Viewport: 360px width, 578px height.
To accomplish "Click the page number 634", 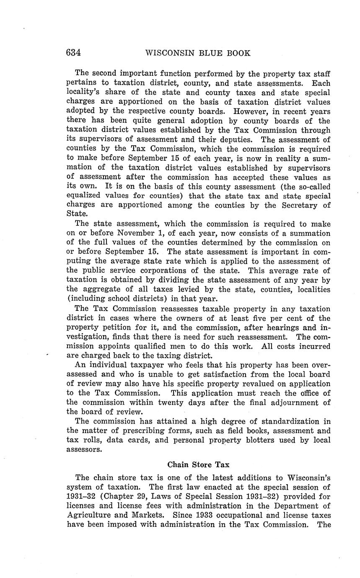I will click(x=73, y=53).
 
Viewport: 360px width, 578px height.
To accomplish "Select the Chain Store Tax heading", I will click(x=198, y=464).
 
